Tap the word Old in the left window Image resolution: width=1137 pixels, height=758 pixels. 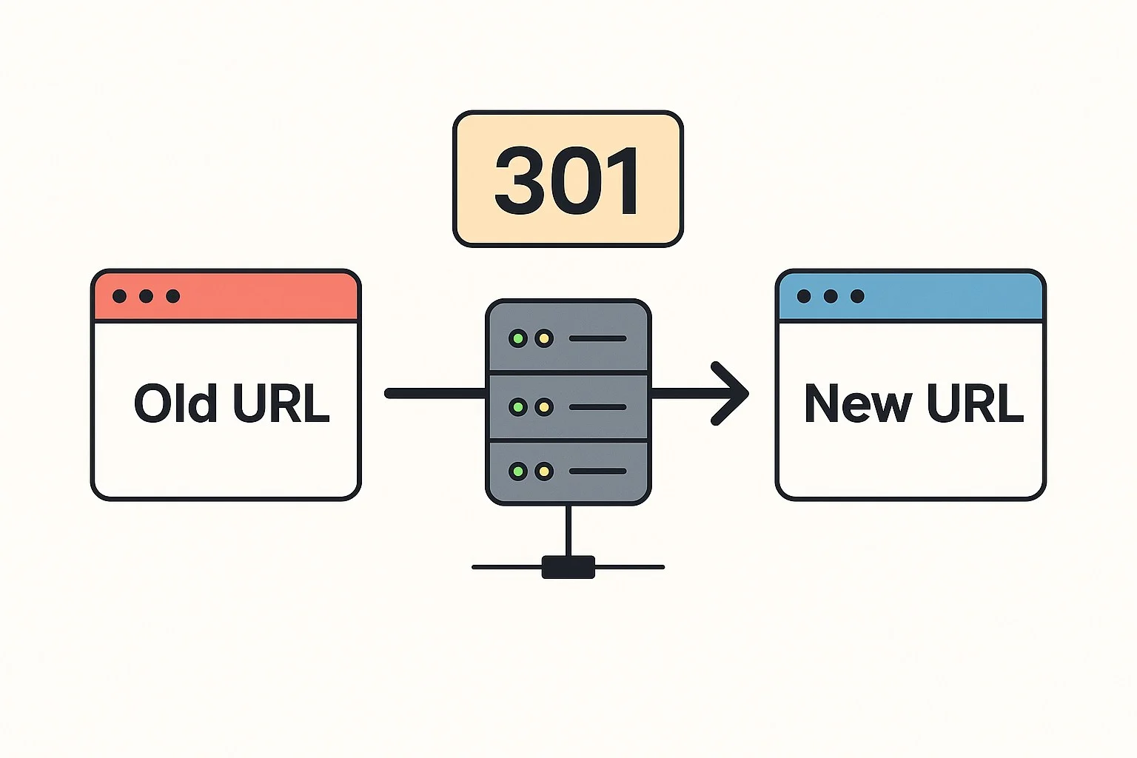(x=175, y=403)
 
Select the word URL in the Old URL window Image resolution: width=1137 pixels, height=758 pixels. (x=281, y=403)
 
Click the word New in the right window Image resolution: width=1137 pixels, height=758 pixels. (x=858, y=404)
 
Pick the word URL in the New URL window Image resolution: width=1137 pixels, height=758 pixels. (x=975, y=403)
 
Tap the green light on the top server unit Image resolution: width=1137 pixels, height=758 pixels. (x=518, y=339)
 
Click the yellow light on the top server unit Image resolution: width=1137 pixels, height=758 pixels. (x=544, y=339)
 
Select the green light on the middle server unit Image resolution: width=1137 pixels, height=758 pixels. (x=518, y=407)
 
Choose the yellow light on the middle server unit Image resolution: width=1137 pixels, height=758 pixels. (x=544, y=407)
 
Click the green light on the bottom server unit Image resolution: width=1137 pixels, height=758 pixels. (x=518, y=472)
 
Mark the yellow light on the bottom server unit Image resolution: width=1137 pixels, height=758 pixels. (x=544, y=472)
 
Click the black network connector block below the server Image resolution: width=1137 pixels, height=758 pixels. (x=568, y=567)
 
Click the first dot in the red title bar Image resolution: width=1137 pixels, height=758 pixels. (x=119, y=296)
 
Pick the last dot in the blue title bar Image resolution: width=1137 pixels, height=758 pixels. (x=857, y=296)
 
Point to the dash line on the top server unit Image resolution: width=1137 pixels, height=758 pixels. (x=597, y=339)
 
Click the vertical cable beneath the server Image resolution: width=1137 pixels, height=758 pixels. (x=568, y=530)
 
